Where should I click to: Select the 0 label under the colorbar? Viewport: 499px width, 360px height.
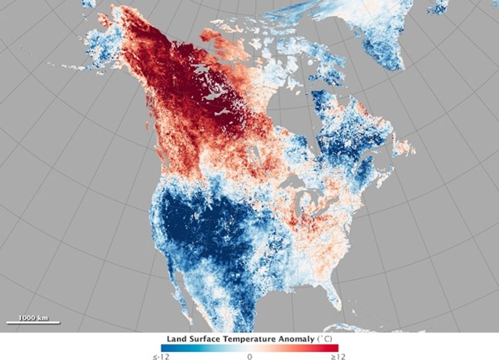pos(249,356)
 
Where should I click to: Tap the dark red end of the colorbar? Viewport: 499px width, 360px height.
pos(334,348)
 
